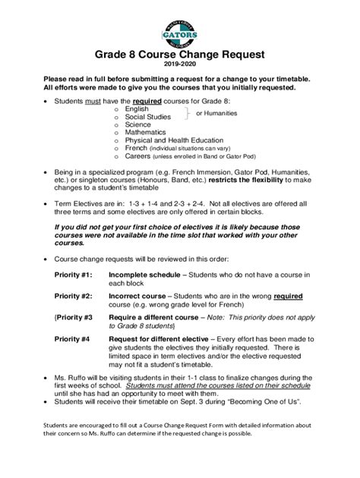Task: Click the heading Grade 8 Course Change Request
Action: coord(179,55)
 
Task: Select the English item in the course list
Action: coord(137,109)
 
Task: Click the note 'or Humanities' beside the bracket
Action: coord(216,113)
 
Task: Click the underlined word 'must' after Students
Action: coord(96,100)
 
